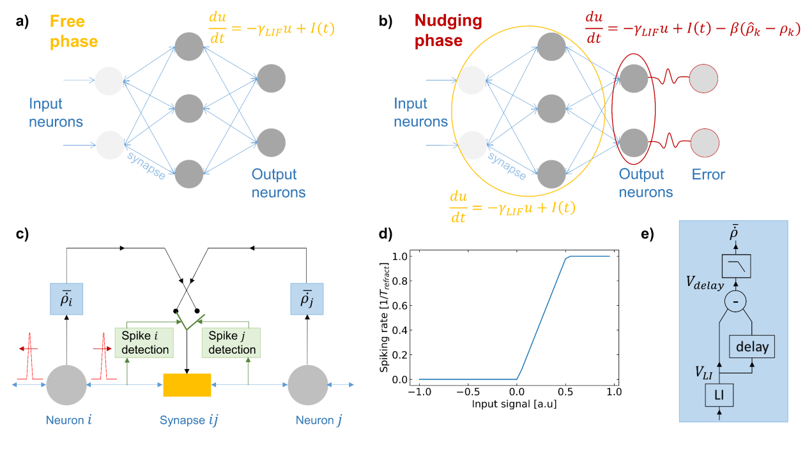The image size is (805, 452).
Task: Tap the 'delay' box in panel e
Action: [x=751, y=347]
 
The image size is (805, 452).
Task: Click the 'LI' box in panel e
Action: [x=719, y=396]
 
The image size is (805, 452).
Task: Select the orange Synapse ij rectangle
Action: [x=187, y=384]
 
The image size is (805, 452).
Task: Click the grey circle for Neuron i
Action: [x=66, y=384]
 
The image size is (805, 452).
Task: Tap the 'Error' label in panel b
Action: [x=709, y=174]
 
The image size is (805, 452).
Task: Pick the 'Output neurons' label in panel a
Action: [x=278, y=183]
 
